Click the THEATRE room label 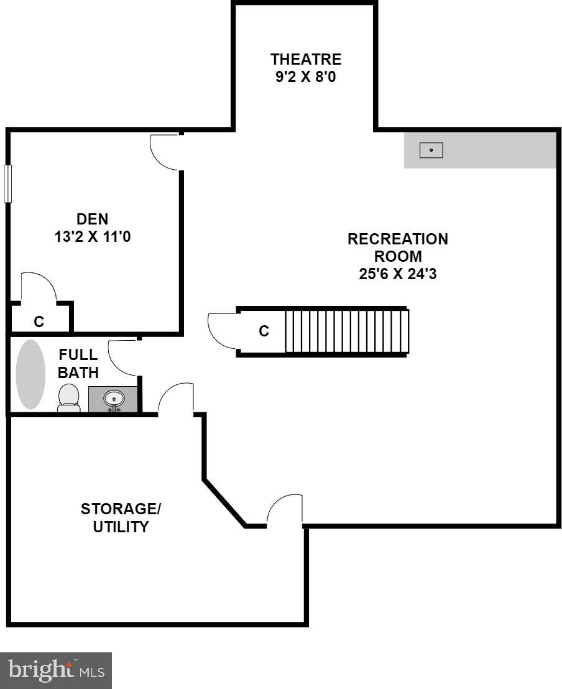(x=306, y=60)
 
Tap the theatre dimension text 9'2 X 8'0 (x=306, y=78)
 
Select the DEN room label (x=92, y=219)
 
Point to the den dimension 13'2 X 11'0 (x=92, y=237)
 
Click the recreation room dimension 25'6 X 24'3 (x=397, y=274)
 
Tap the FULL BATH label (x=78, y=364)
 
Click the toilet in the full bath (x=68, y=398)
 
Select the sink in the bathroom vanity (x=113, y=398)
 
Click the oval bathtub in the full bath (x=30, y=374)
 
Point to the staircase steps (x=346, y=331)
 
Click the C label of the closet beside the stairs (x=264, y=331)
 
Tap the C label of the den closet (x=39, y=321)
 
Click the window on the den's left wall (x=8, y=183)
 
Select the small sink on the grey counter (x=431, y=150)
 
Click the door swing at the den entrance (x=165, y=152)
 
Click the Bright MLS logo (x=56, y=670)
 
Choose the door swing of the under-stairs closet (x=222, y=331)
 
